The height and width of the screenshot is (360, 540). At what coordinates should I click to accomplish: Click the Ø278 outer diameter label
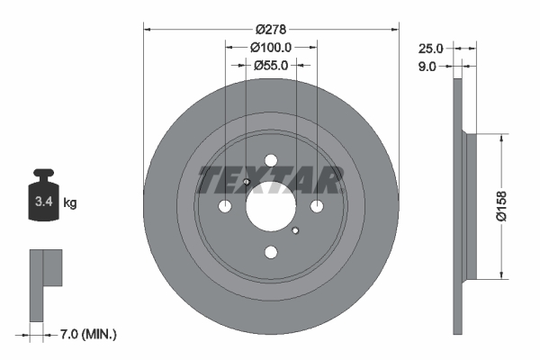pos(270,29)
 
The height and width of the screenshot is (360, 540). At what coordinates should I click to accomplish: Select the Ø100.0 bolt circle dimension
pos(270,47)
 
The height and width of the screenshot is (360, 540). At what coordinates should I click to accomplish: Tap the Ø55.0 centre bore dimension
pos(270,65)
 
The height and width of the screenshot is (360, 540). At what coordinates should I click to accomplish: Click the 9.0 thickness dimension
pos(427,66)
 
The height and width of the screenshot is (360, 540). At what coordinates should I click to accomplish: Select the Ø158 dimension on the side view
pos(517,207)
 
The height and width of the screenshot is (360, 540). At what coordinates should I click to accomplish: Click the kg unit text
pos(69,203)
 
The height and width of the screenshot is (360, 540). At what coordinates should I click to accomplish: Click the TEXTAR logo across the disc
pos(270,180)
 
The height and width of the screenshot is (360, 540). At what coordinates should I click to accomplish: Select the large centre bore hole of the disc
pos(270,207)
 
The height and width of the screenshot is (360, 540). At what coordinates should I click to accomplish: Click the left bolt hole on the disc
pos(224,207)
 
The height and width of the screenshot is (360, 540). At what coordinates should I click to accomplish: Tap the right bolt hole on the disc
pos(317,207)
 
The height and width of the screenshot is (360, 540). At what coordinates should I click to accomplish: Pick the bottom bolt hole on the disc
pos(270,254)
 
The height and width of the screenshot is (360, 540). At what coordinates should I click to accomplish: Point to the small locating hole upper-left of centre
pos(246,183)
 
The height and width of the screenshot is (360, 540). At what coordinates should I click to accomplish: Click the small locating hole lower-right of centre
pos(295,231)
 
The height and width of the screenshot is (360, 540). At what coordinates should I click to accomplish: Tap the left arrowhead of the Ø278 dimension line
pos(148,29)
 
